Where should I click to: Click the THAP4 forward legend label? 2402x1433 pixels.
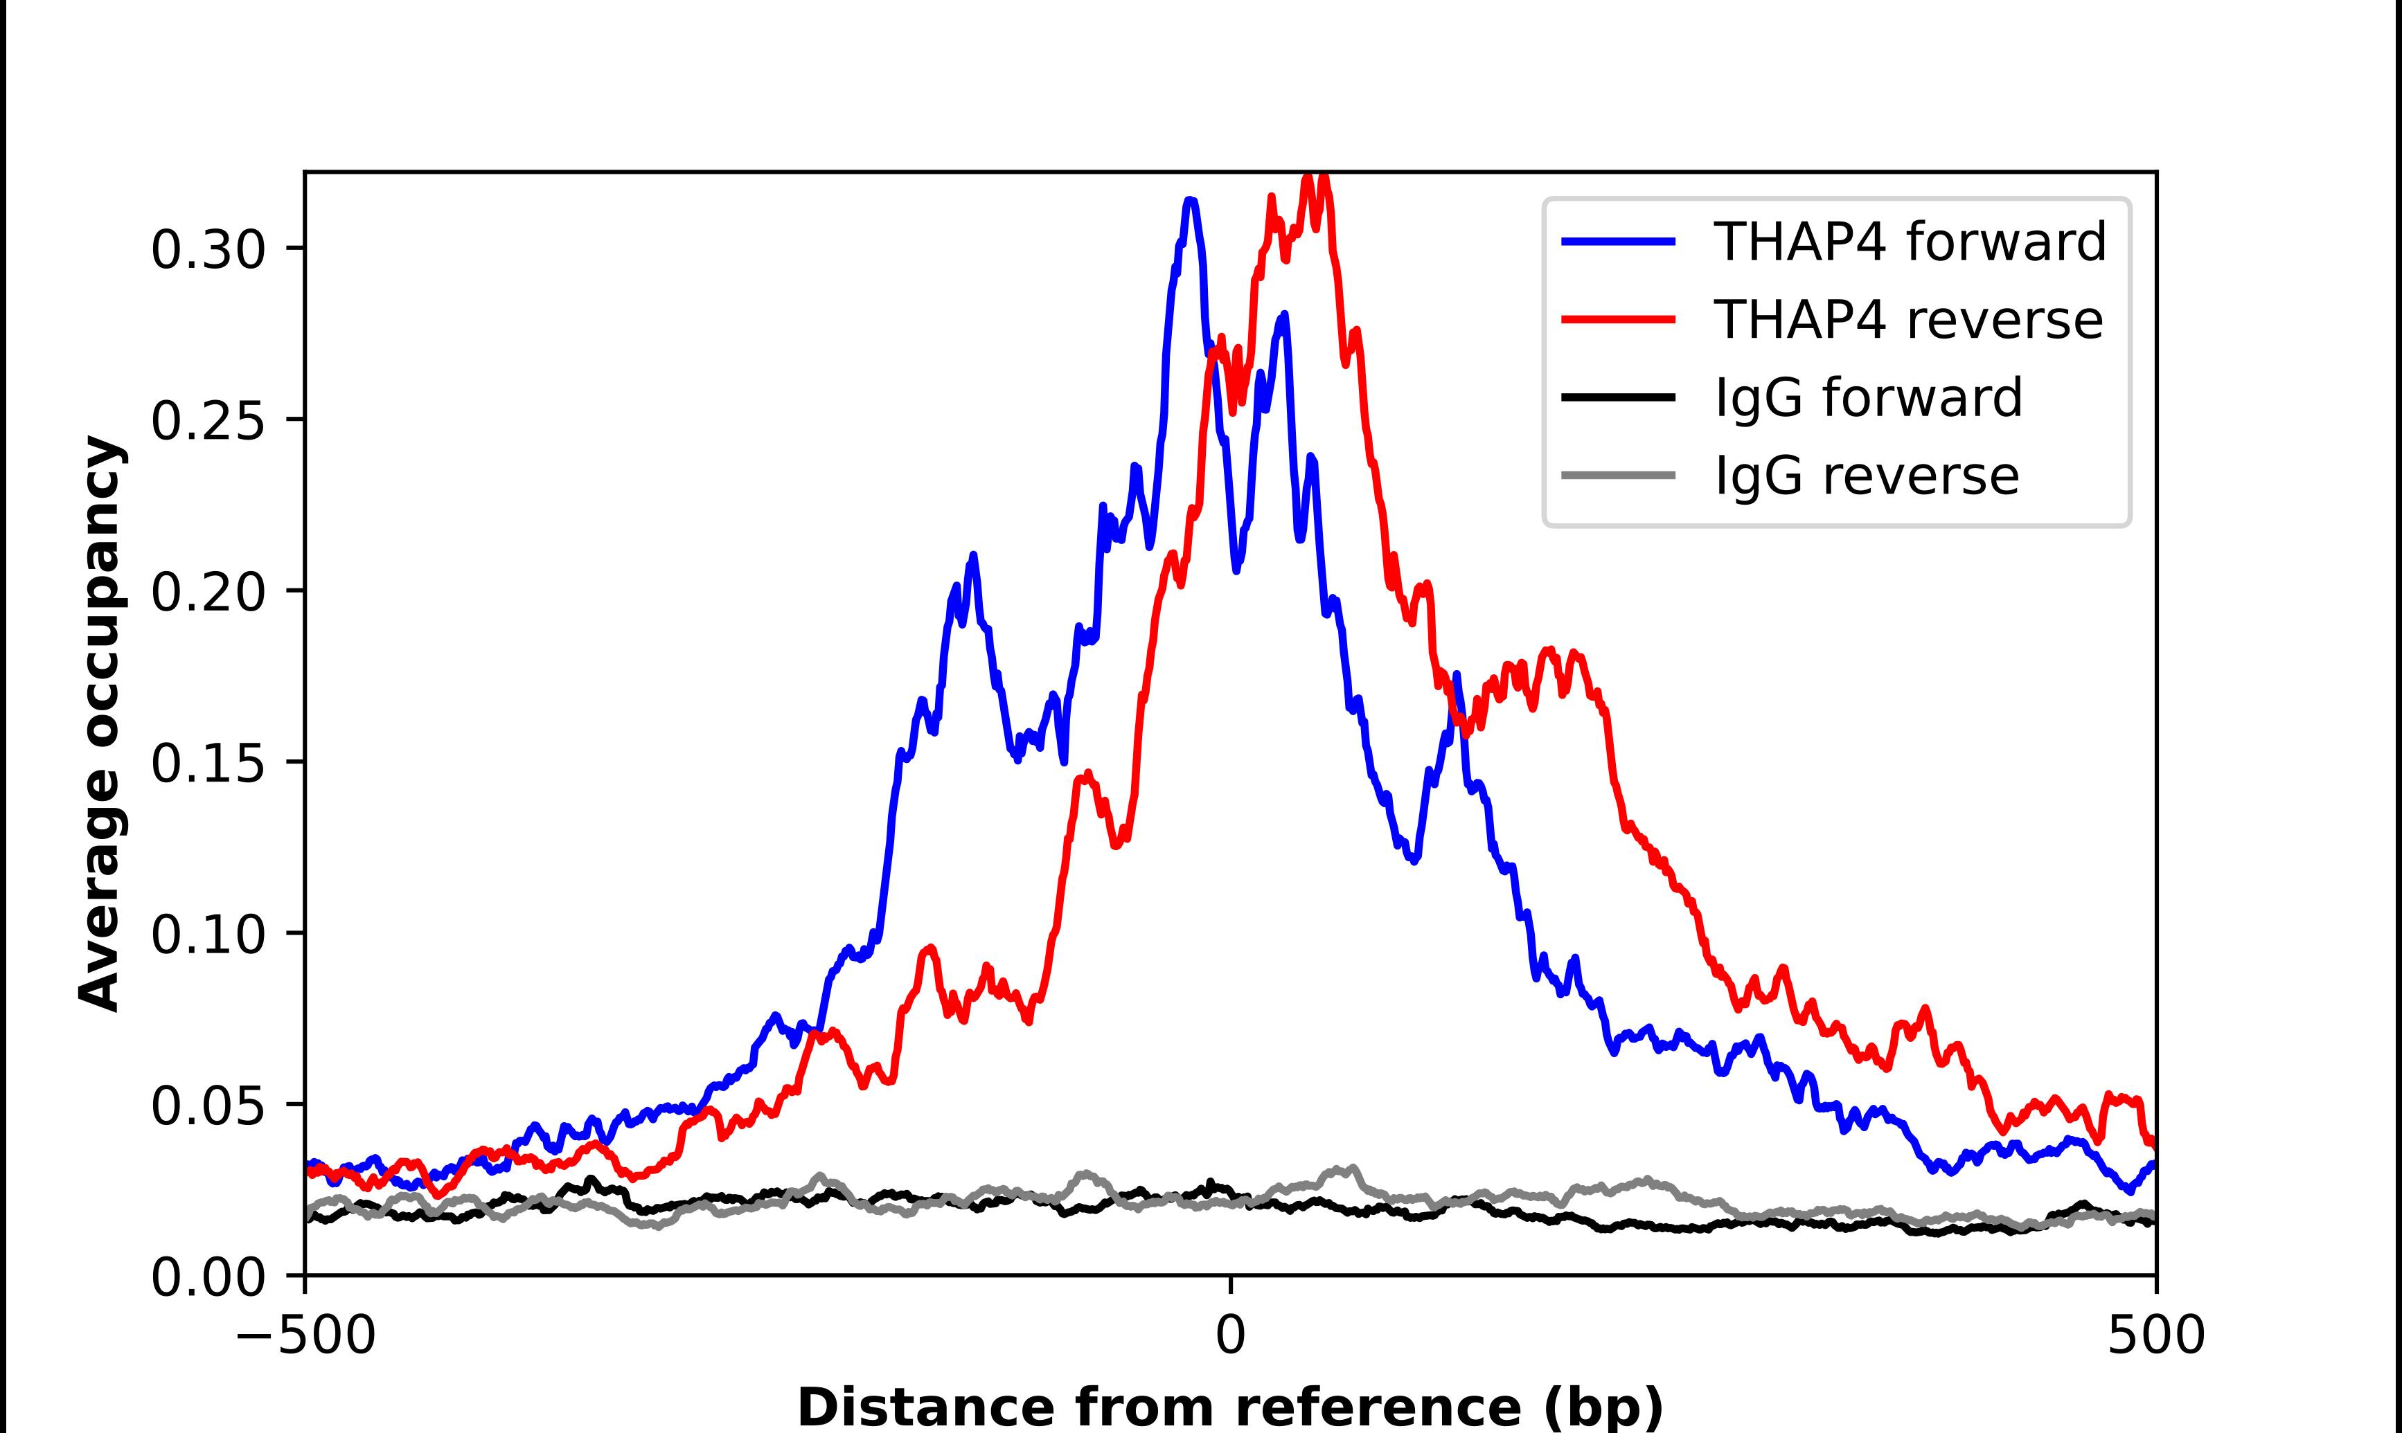click(1910, 242)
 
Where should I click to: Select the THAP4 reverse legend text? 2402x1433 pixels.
click(1907, 320)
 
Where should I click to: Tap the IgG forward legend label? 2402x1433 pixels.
click(1868, 398)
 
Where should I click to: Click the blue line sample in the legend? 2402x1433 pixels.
click(1619, 242)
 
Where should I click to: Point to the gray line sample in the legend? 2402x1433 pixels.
click(1619, 475)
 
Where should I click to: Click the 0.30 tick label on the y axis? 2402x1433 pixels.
click(208, 249)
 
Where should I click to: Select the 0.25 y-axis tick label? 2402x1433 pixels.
click(208, 421)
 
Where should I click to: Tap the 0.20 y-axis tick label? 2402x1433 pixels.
click(208, 592)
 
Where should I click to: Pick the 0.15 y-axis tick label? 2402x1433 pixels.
click(208, 764)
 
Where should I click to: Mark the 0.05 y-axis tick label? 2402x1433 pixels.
click(208, 1107)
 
